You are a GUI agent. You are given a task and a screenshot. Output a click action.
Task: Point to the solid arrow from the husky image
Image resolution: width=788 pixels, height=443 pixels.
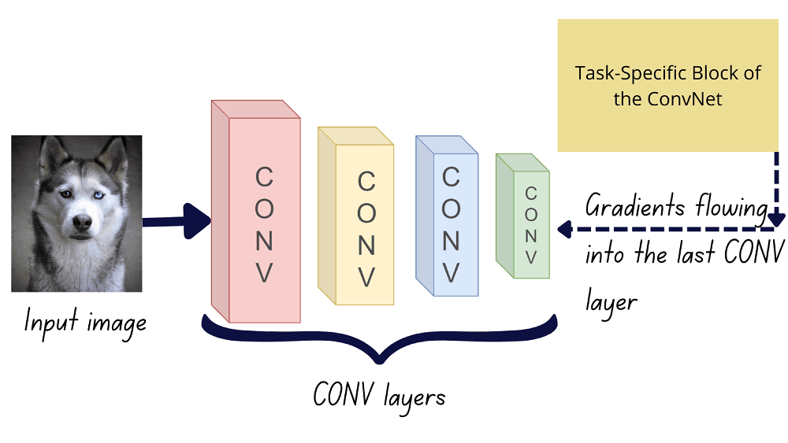tap(177, 221)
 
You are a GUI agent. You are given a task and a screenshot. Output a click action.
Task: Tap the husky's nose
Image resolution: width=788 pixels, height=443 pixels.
tap(81, 223)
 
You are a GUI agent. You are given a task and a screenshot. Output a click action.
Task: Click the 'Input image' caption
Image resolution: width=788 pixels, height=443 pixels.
tap(85, 323)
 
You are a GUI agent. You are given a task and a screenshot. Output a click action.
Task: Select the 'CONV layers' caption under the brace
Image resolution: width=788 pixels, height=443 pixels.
tap(378, 394)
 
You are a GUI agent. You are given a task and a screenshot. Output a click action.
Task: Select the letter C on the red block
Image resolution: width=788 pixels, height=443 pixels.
tap(265, 178)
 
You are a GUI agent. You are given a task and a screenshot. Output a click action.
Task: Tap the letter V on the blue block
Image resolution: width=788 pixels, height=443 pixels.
tap(451, 271)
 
